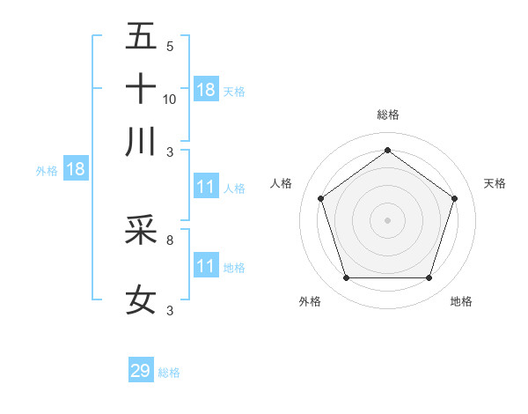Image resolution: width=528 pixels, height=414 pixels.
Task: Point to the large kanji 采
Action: (141, 230)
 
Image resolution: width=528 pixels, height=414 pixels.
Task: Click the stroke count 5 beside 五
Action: (169, 47)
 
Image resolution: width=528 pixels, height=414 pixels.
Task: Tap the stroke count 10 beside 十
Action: (170, 99)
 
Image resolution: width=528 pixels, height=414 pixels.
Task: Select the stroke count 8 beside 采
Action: (169, 239)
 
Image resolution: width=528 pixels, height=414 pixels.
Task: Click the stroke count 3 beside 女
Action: (169, 310)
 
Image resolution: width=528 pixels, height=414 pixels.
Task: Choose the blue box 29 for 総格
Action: (141, 371)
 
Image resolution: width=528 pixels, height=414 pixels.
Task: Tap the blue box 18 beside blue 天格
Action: (206, 90)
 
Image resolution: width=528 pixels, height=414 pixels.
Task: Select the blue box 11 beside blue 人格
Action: (206, 187)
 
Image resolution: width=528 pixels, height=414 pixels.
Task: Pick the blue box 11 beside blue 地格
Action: (206, 266)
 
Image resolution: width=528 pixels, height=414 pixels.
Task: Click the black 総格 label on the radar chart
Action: (387, 115)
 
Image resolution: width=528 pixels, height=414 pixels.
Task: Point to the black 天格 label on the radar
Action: (495, 183)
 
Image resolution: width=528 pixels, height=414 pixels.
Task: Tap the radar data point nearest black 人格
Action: (320, 198)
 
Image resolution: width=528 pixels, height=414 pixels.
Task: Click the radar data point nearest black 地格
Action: (429, 277)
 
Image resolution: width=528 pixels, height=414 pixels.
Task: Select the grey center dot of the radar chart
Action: (387, 219)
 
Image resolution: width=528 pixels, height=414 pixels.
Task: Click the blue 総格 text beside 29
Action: (169, 373)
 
